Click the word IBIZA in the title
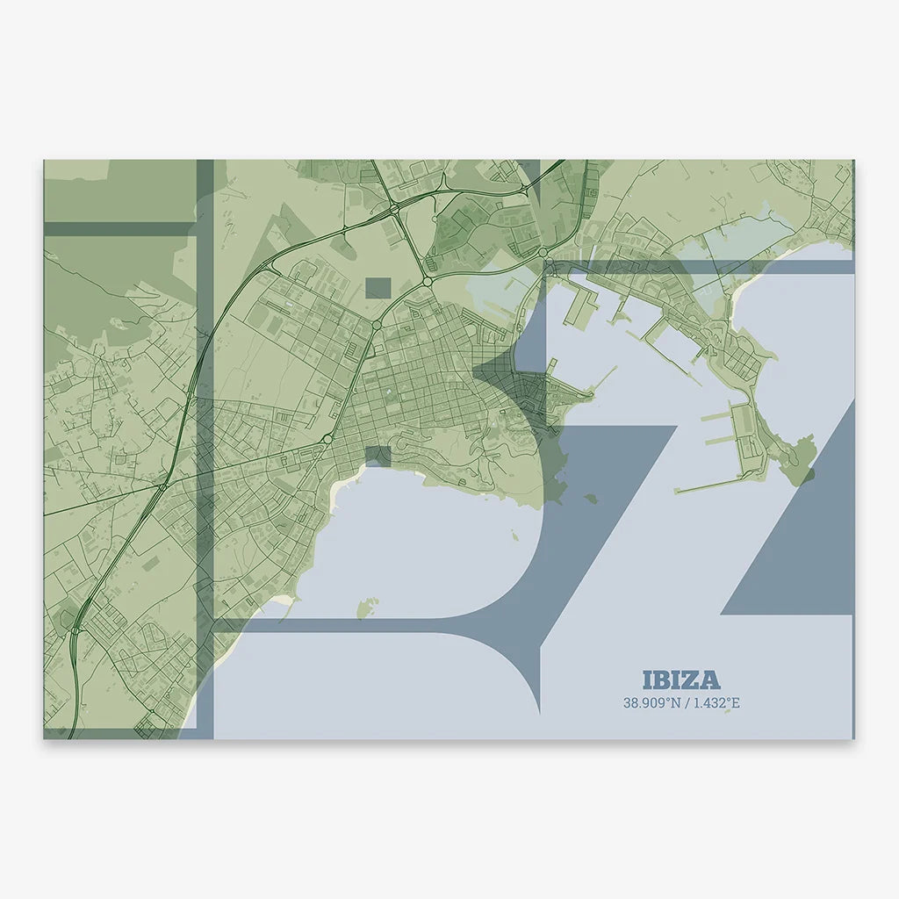click(x=681, y=680)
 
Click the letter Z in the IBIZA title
click(x=691, y=680)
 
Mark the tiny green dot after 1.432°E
click(x=727, y=711)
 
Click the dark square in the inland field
click(x=378, y=287)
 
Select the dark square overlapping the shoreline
click(x=378, y=456)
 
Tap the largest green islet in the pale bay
click(x=367, y=607)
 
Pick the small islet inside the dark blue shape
click(x=591, y=498)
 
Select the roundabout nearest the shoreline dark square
click(x=327, y=438)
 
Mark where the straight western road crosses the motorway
click(x=165, y=484)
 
